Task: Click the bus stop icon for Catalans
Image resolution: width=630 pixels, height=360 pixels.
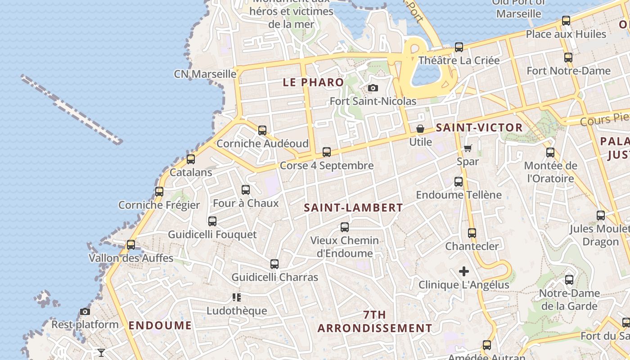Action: point(191,159)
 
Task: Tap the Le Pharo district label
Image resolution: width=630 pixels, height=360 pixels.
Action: point(313,82)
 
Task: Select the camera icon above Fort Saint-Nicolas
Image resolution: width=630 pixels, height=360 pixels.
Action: point(373,88)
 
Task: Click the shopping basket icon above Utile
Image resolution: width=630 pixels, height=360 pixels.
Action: point(420,129)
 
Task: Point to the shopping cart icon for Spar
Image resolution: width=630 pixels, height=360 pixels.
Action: point(468,148)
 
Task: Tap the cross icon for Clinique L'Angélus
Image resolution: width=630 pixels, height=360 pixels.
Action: point(464,271)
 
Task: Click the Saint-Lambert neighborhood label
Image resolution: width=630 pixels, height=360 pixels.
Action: point(353,207)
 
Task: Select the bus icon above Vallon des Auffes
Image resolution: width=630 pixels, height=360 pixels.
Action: point(131,245)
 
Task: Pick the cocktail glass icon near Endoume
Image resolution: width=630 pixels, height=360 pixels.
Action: point(101,352)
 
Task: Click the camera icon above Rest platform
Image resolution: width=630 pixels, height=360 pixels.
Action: point(85,311)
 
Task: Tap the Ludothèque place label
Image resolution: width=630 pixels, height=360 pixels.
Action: point(237,310)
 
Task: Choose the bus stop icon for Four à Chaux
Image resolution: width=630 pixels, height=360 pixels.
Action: point(246,190)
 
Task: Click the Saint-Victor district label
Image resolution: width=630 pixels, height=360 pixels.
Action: point(479,127)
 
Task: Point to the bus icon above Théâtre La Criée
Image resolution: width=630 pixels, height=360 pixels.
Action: point(459,47)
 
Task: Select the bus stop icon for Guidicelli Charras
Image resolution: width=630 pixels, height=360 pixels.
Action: point(274,264)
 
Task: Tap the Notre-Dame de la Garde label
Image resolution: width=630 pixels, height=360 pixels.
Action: point(569,300)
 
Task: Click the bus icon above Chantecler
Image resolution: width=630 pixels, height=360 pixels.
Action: point(472,233)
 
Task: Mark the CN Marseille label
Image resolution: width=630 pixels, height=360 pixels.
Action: point(205,74)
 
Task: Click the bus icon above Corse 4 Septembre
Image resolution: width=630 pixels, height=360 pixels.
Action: point(327,152)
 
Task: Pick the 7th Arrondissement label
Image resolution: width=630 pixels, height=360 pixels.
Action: point(374,321)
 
